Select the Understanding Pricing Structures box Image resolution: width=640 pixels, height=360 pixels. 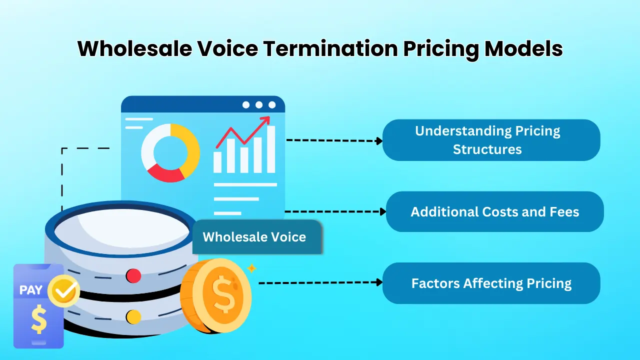491,140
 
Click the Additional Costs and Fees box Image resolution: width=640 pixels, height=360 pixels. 494,211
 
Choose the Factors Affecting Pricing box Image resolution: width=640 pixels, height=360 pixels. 491,283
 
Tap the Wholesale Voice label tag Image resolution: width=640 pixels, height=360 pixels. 254,237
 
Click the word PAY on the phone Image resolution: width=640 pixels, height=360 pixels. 31,290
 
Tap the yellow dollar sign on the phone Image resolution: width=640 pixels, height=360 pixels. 38,320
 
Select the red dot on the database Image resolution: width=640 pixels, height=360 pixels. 133,275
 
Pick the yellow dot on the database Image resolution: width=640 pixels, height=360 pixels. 133,316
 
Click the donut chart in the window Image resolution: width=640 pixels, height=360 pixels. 170,152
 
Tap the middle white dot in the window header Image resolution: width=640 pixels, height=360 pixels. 259,104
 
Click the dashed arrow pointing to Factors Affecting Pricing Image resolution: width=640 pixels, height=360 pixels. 320,283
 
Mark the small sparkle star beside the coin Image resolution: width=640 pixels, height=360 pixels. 251,268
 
